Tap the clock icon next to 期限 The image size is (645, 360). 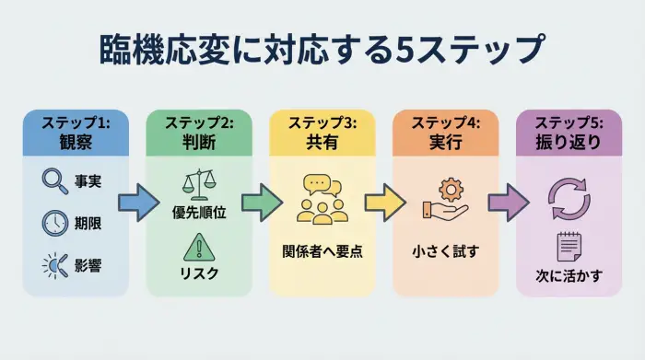[55, 222]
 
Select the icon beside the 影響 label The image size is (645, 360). [54, 265]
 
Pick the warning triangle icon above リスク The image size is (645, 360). [198, 246]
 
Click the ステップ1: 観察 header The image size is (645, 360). [76, 133]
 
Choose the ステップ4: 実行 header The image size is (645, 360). [445, 133]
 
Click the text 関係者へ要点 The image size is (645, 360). [322, 250]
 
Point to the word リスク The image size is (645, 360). [198, 274]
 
